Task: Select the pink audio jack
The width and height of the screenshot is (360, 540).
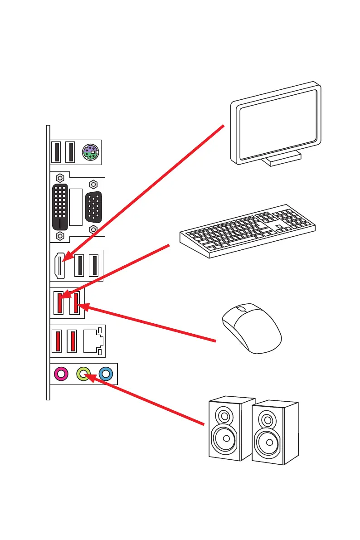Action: pyautogui.click(x=61, y=374)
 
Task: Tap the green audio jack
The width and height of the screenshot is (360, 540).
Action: pyautogui.click(x=84, y=374)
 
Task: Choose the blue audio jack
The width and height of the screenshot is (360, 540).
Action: pyautogui.click(x=106, y=374)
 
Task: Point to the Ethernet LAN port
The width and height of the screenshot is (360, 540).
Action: pyautogui.click(x=93, y=341)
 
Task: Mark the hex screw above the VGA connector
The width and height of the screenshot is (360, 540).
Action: pyautogui.click(x=93, y=184)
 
